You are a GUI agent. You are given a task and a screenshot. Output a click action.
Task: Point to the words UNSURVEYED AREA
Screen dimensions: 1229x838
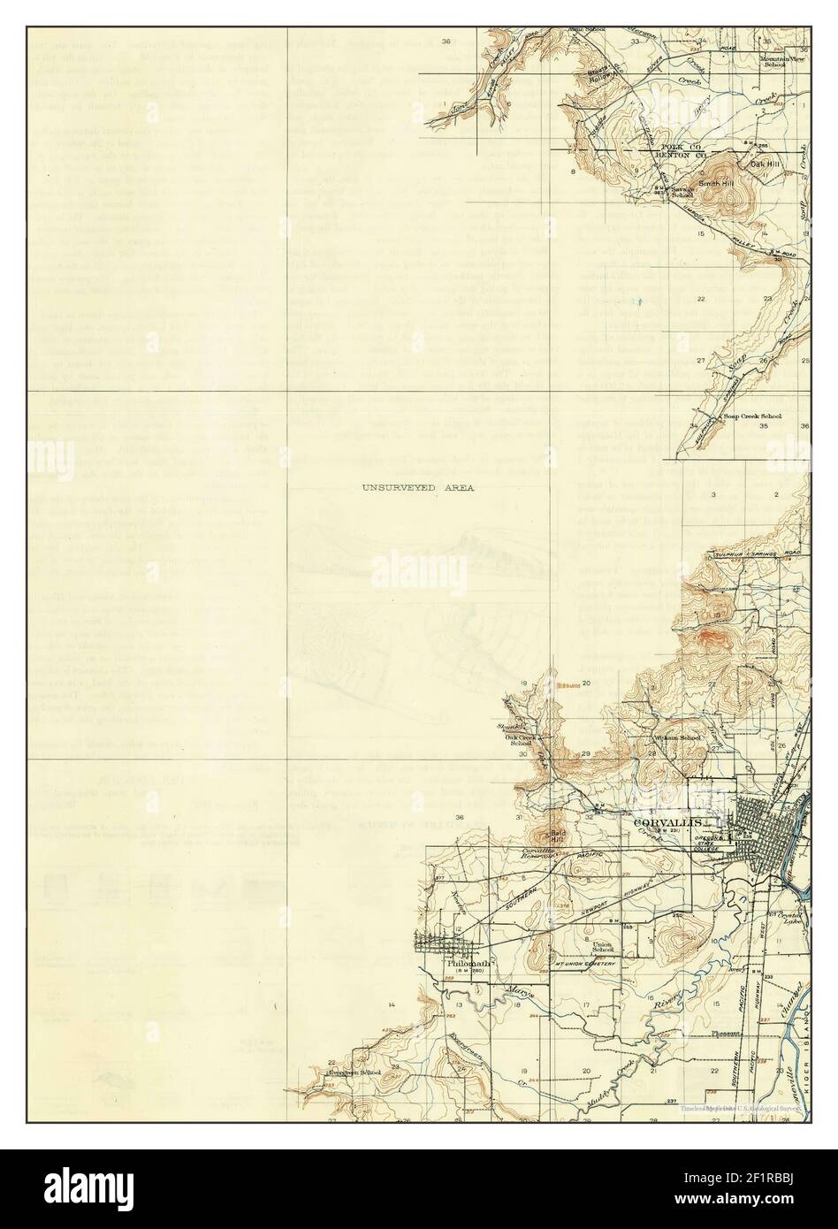[417, 487]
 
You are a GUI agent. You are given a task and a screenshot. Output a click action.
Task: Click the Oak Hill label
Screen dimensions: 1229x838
[764, 163]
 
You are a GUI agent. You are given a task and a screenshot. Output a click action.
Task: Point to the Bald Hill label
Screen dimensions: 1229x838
[559, 836]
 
